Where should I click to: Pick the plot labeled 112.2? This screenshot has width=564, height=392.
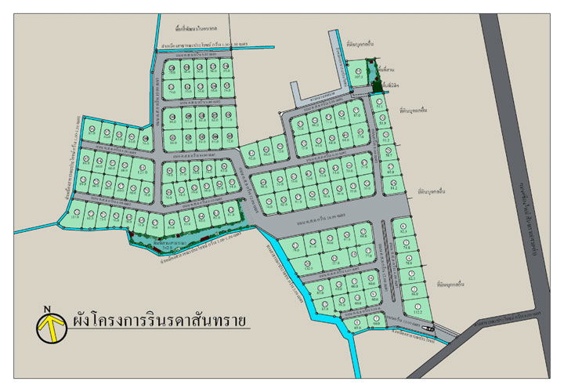coord(418,309)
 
